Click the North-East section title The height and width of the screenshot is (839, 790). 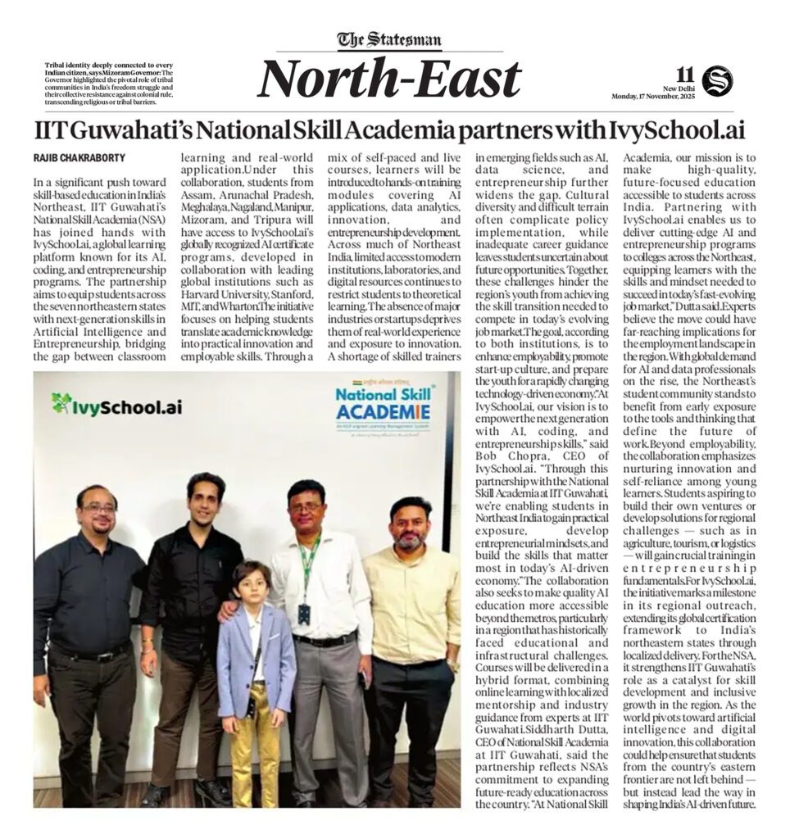[390, 79]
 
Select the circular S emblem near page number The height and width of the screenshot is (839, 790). [717, 80]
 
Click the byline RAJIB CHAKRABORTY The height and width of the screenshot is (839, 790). [79, 156]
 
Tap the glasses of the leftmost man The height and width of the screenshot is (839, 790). [99, 509]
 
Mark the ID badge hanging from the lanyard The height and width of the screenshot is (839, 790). [304, 614]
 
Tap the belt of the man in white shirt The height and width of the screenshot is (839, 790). [325, 639]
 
